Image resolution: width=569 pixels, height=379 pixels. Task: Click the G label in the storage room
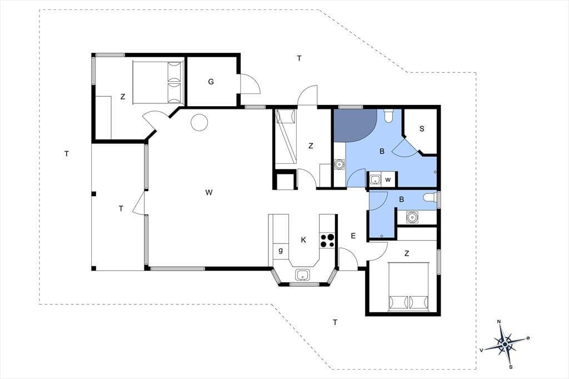coord(211,82)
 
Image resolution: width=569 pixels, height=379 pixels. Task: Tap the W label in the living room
coord(209,192)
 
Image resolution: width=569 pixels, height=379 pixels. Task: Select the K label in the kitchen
coord(303,240)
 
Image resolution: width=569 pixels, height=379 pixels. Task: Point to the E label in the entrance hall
coord(353,236)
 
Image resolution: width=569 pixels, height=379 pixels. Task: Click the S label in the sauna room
coord(422,128)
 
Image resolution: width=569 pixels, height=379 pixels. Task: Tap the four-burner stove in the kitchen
coord(327,241)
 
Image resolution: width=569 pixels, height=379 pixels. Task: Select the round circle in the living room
coord(199,123)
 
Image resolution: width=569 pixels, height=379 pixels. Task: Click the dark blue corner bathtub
coord(354,125)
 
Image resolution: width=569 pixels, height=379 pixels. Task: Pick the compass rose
coord(505,344)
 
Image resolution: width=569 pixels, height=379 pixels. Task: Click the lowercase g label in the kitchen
coord(281,250)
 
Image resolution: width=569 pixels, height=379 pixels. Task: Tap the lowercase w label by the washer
coord(388,179)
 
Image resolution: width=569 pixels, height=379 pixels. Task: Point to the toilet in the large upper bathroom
coord(388,116)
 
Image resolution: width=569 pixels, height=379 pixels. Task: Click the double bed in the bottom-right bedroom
coord(409,287)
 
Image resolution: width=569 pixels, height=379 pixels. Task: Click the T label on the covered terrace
coord(121,209)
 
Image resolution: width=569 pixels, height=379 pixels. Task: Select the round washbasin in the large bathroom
coord(340,164)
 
